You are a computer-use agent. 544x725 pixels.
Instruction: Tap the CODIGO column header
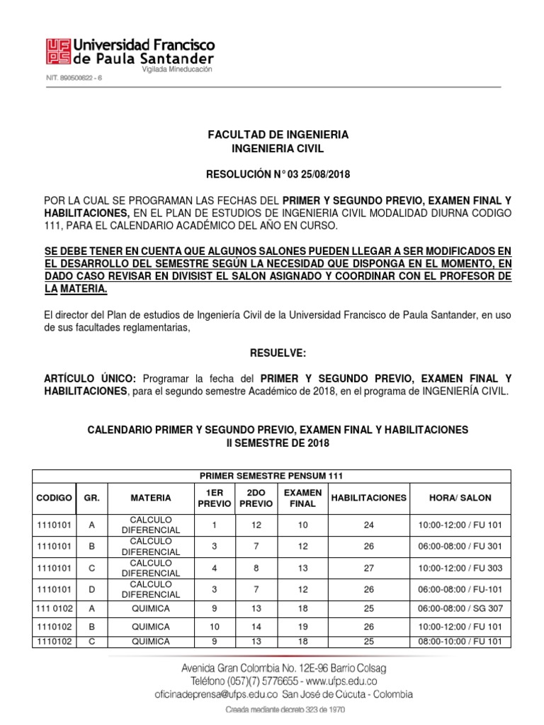point(54,498)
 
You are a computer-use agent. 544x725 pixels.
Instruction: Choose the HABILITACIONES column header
point(368,498)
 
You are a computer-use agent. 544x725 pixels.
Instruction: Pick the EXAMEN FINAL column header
point(302,498)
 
